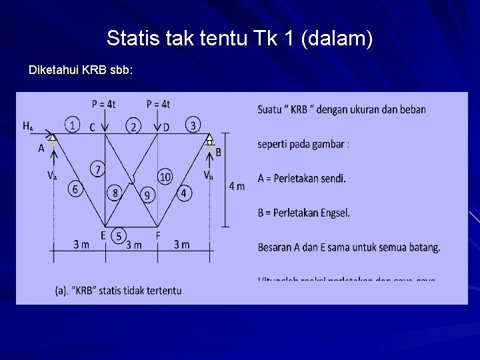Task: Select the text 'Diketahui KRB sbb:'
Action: click(x=81, y=69)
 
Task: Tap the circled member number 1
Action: click(x=71, y=124)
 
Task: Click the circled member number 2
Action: click(x=134, y=126)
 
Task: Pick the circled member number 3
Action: click(x=193, y=125)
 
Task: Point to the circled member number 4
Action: click(x=75, y=190)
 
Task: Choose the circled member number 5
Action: click(x=98, y=169)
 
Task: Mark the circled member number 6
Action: click(x=116, y=193)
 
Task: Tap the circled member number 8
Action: click(x=165, y=177)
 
